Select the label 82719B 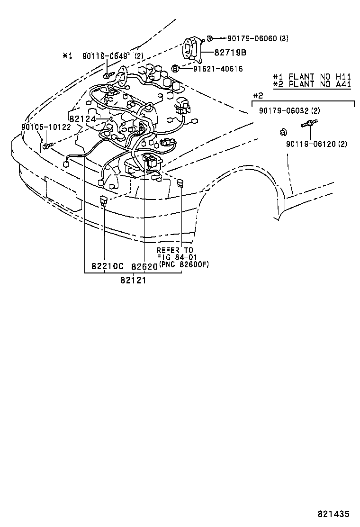227,53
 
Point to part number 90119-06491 106,56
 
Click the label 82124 82,118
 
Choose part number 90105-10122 45,127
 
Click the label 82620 144,267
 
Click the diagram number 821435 333,514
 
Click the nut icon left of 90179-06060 210,38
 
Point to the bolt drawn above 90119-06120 307,125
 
